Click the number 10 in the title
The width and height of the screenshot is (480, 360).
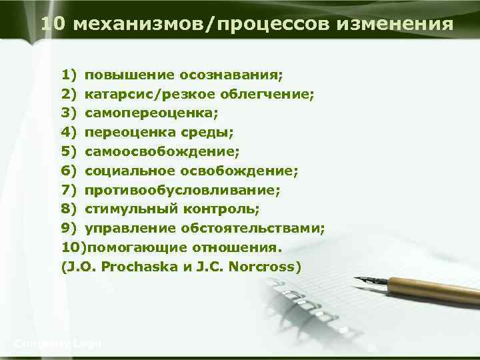point(53,25)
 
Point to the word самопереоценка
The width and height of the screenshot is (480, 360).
point(152,113)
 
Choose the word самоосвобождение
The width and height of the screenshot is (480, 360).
point(162,152)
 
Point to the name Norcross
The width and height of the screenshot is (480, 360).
point(265,267)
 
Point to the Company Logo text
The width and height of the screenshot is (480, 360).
point(58,343)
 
